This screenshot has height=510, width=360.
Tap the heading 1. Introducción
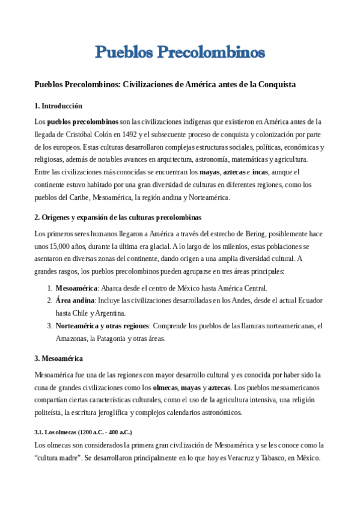point(58,106)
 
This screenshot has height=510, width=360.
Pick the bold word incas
point(260,172)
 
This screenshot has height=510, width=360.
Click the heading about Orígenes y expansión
point(118,217)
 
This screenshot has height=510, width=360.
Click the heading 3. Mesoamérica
point(58,358)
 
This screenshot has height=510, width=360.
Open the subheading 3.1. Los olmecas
point(84,432)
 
